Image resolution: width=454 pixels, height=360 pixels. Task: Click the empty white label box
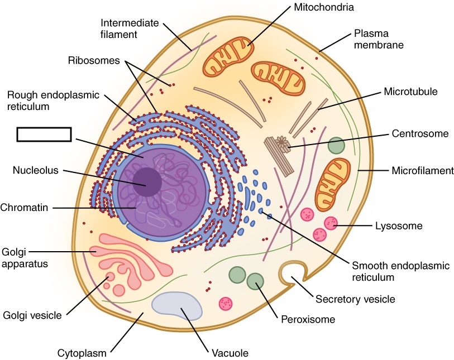tap(44, 134)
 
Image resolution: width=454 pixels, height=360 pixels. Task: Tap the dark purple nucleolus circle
tap(147, 183)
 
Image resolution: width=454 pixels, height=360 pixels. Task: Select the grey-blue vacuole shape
tap(178, 308)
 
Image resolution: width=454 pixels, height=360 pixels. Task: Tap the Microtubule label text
tap(410, 92)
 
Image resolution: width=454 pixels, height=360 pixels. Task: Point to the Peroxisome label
tap(308, 320)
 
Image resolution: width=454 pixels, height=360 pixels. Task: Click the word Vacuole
tap(230, 353)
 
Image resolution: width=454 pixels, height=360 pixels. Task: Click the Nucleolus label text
tap(35, 170)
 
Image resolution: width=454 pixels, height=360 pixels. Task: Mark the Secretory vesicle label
tap(355, 299)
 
